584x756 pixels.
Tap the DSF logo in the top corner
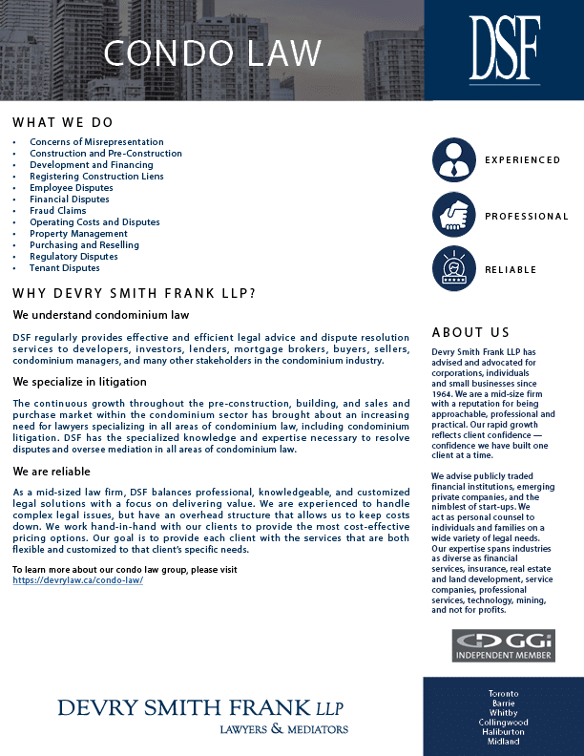point(504,49)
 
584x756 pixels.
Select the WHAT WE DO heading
point(63,123)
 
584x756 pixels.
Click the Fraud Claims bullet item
point(57,211)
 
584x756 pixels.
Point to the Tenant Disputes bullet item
point(64,268)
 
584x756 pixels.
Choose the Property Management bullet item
point(78,234)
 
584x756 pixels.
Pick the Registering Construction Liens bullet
point(96,177)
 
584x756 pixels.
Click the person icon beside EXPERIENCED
point(453,159)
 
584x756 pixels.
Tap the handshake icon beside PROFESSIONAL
point(453,216)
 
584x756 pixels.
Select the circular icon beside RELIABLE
point(453,269)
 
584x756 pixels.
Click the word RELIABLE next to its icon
point(511,270)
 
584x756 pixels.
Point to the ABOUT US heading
point(470,333)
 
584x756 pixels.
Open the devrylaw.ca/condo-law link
point(78,580)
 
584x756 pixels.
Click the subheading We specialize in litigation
point(79,382)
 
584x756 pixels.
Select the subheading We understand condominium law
point(101,315)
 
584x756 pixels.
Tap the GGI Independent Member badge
point(503,645)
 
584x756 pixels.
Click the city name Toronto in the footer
point(503,692)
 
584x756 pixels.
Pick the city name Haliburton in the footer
point(503,732)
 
